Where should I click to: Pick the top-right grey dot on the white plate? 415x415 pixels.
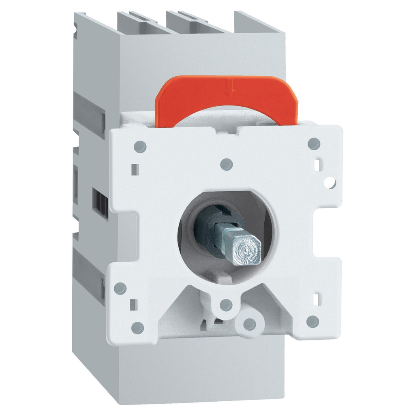coord(314,143)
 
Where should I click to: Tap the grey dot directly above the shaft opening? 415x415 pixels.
coord(227,164)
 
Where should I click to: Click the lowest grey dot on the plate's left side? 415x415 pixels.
coord(138,326)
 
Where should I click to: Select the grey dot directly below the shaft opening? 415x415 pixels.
coord(226,305)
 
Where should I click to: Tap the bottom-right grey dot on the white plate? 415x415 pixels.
coord(312,321)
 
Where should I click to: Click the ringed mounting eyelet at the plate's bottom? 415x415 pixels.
coord(250,323)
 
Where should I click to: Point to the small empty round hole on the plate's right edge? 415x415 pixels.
coord(330,183)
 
